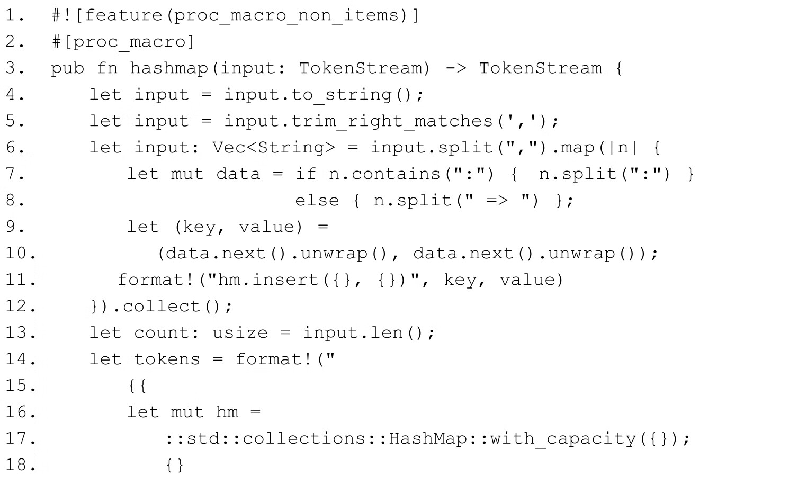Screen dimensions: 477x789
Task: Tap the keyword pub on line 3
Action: point(68,68)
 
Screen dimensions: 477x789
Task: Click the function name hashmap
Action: point(168,68)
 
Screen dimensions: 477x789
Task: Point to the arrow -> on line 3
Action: point(455,68)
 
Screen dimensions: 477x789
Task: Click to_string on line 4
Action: point(342,95)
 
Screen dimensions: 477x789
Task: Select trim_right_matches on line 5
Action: point(392,121)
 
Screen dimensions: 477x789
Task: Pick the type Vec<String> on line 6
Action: point(274,148)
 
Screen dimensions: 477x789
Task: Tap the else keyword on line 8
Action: point(317,201)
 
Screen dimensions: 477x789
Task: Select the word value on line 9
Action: point(270,227)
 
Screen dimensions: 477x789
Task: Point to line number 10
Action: point(20,254)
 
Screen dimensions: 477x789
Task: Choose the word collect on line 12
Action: point(162,307)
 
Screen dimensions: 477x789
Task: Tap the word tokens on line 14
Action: point(167,359)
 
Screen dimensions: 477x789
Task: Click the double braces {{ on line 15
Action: point(137,386)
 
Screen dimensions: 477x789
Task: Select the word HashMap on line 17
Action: point(427,439)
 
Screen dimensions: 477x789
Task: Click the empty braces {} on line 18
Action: point(175,465)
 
